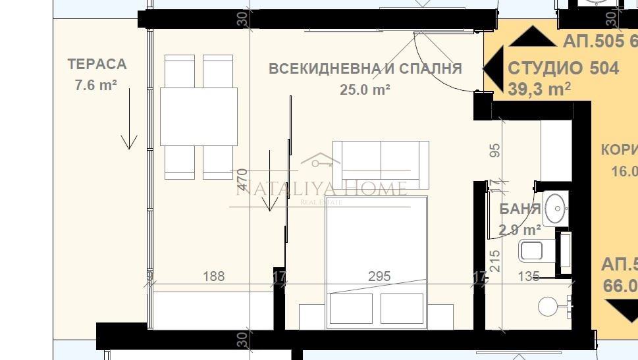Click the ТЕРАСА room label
click(x=97, y=64)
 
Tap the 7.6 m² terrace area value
click(x=97, y=84)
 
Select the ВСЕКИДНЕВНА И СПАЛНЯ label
click(x=365, y=68)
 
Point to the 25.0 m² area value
click(x=365, y=90)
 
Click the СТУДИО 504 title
click(x=563, y=68)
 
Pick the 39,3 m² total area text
click(x=539, y=88)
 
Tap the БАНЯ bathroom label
click(x=520, y=210)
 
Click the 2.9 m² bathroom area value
click(x=519, y=230)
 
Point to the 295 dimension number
click(x=379, y=276)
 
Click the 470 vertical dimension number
click(x=242, y=180)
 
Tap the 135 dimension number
click(x=528, y=276)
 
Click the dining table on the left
click(x=199, y=117)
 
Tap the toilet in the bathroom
click(x=533, y=251)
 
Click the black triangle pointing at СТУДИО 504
click(x=492, y=68)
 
